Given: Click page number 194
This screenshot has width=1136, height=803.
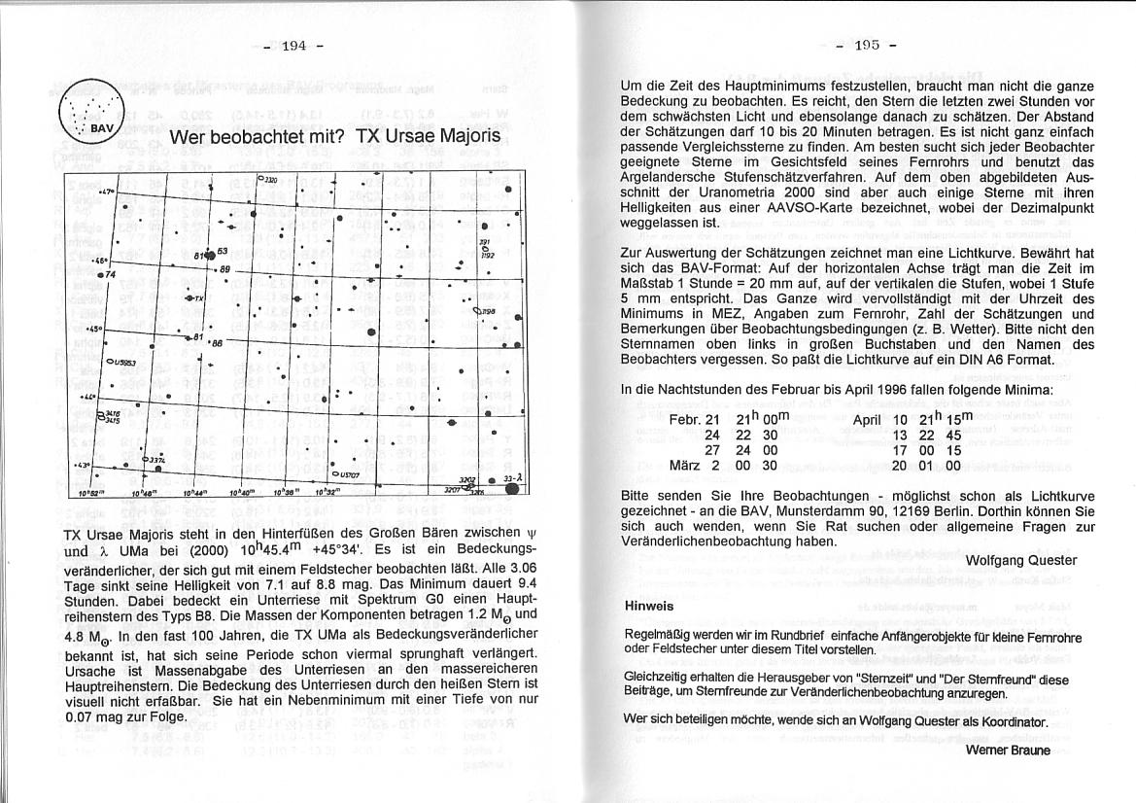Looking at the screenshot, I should click(x=293, y=47).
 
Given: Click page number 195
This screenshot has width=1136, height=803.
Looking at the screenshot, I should click(x=865, y=46).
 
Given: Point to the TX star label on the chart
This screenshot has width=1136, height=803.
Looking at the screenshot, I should click(x=196, y=298).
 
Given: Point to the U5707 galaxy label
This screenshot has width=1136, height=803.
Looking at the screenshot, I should click(x=346, y=474).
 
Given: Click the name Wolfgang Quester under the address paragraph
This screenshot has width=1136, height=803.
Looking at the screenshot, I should click(x=1021, y=560).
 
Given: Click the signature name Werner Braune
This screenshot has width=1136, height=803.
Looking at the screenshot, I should click(x=1008, y=751).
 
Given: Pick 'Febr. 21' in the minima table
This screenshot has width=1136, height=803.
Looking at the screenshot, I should click(x=695, y=419).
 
